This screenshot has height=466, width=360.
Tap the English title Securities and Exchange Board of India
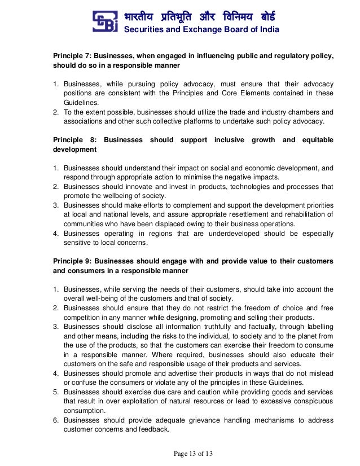pyautogui.click(x=201, y=30)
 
